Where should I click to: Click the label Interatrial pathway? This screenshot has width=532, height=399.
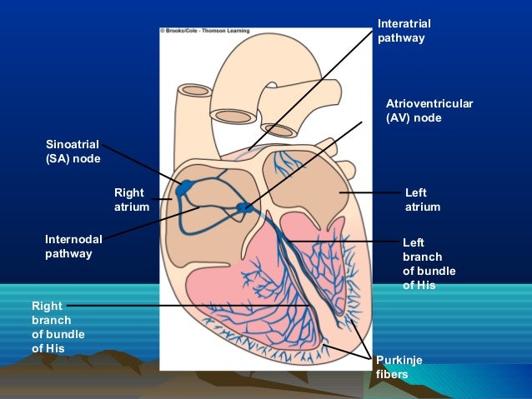pyautogui.click(x=404, y=31)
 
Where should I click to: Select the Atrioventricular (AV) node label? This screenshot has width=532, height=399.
pyautogui.click(x=429, y=111)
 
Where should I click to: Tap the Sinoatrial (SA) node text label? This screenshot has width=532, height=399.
pyautogui.click(x=73, y=152)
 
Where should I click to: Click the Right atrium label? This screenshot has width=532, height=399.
pyautogui.click(x=131, y=200)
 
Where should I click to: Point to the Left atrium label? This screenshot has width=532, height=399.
pyautogui.click(x=422, y=200)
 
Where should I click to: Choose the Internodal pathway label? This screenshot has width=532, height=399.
pyautogui.click(x=73, y=247)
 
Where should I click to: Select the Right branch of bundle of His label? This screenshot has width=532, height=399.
pyautogui.click(x=58, y=327)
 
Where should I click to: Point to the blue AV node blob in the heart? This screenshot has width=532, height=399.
pyautogui.click(x=244, y=206)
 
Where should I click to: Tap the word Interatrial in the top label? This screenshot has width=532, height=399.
pyautogui.click(x=404, y=23)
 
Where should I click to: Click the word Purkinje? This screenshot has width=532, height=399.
pyautogui.click(x=399, y=359)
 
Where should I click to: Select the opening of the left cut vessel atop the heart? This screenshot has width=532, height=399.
pyautogui.click(x=194, y=90)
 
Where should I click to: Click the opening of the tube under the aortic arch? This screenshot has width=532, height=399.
pyautogui.click(x=279, y=130)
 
